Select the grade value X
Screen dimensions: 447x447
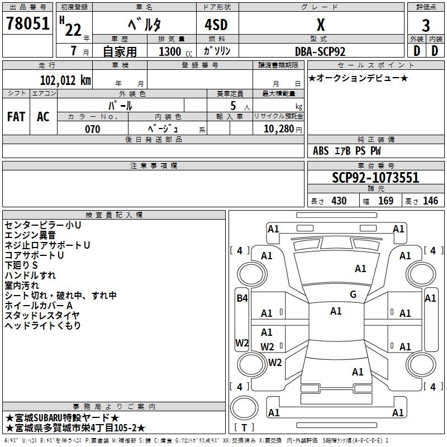[320, 25]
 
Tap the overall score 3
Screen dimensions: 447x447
[426, 25]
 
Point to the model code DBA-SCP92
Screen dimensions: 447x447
[320, 51]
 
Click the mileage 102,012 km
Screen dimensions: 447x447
[65, 80]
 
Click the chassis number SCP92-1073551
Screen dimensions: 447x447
[375, 178]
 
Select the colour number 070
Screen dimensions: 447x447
[93, 129]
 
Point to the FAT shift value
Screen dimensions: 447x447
[16, 117]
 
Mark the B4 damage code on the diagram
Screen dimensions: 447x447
[241, 298]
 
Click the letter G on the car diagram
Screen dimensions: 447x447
[353, 294]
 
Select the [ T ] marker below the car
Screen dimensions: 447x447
[244, 428]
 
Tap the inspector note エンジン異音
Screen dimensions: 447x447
[30, 235]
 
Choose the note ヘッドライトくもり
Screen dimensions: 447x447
[43, 325]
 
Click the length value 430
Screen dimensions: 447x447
[339, 201]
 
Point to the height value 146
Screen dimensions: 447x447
[430, 201]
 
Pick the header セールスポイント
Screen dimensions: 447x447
[375, 65]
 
